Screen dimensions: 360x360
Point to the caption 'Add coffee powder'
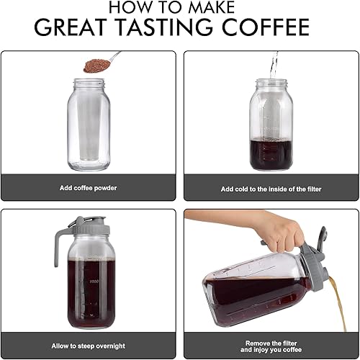88,187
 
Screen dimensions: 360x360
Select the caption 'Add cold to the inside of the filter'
270,189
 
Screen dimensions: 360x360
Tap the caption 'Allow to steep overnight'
88,346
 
